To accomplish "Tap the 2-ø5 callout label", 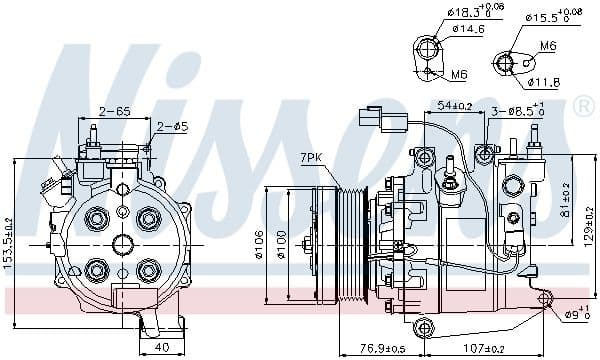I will [x=172, y=126].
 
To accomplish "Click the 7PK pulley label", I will [x=313, y=158].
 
